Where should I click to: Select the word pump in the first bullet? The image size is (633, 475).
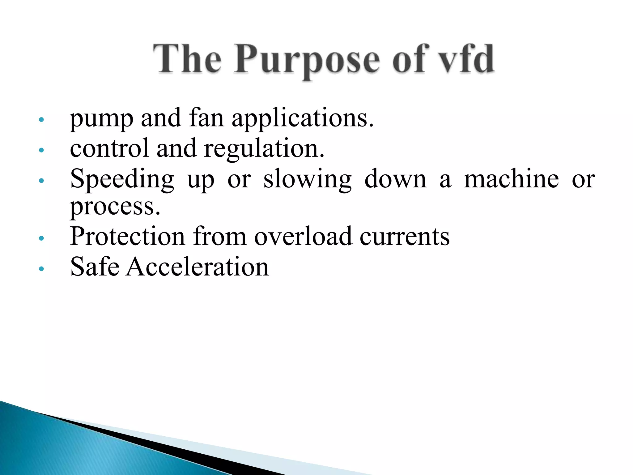(x=101, y=119)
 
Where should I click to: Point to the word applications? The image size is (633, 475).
(x=303, y=119)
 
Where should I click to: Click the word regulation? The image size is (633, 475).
(x=264, y=149)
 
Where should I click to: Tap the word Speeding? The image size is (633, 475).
(x=122, y=179)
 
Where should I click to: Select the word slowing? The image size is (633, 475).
(x=307, y=179)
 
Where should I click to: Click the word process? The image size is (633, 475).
(x=115, y=207)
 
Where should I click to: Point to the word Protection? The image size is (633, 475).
(x=127, y=236)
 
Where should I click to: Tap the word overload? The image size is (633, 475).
(x=303, y=236)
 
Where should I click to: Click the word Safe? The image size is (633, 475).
(x=95, y=266)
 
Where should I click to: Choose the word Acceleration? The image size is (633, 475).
(x=198, y=266)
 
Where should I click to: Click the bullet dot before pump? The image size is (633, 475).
(x=41, y=120)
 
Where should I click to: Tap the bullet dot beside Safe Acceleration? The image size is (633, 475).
(x=41, y=269)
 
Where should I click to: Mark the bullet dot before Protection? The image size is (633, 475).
(x=41, y=238)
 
